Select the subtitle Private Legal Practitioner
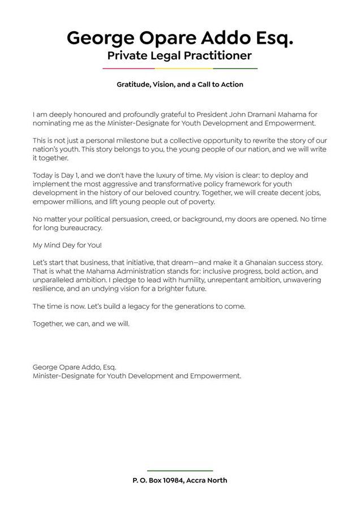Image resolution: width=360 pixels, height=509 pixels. (x=179, y=55)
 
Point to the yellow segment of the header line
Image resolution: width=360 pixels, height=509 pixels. (x=196, y=68)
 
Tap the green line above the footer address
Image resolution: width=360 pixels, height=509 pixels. (x=180, y=471)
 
